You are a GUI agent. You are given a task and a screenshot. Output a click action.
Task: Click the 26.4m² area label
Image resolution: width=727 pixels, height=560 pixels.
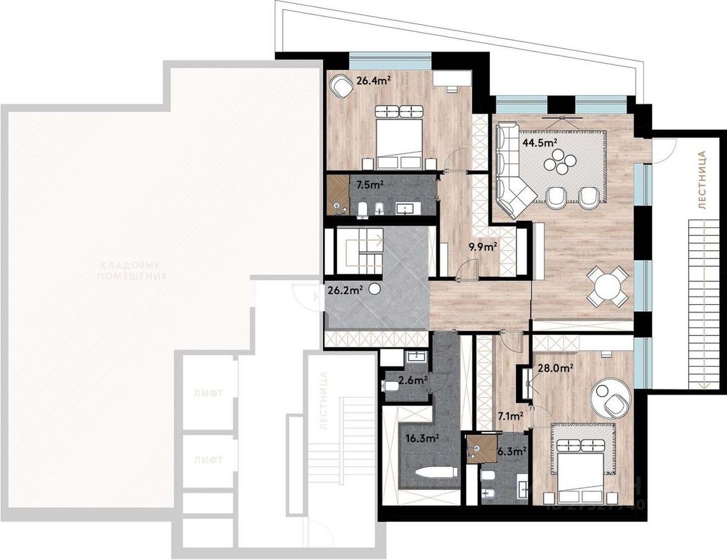click(373, 81)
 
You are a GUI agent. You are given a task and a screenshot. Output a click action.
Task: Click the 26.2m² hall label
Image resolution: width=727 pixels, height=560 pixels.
click(345, 290)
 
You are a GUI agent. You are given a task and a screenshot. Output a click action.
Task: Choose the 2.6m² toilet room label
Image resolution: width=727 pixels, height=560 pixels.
click(413, 382)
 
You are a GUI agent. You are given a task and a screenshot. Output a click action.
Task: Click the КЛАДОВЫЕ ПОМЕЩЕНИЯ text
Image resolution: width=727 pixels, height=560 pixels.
click(133, 270)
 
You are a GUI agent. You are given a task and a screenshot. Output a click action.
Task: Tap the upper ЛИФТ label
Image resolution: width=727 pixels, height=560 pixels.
click(208, 393)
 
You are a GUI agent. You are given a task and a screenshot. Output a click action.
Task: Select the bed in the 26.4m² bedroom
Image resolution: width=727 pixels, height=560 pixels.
click(400, 135)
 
